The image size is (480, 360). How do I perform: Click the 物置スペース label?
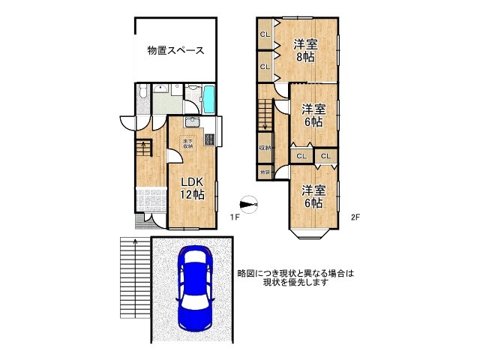pos(176,51)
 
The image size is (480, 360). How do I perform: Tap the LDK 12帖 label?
pos(191,188)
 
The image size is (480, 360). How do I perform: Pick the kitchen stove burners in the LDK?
pos(208,138)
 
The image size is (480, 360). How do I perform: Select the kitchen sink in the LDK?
pos(190,124)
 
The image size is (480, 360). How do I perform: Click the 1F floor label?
pos(234,217)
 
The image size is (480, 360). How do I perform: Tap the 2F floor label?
pos(355,217)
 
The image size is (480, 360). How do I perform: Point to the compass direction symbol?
pos(248,202)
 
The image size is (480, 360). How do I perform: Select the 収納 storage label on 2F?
pos(265,147)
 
